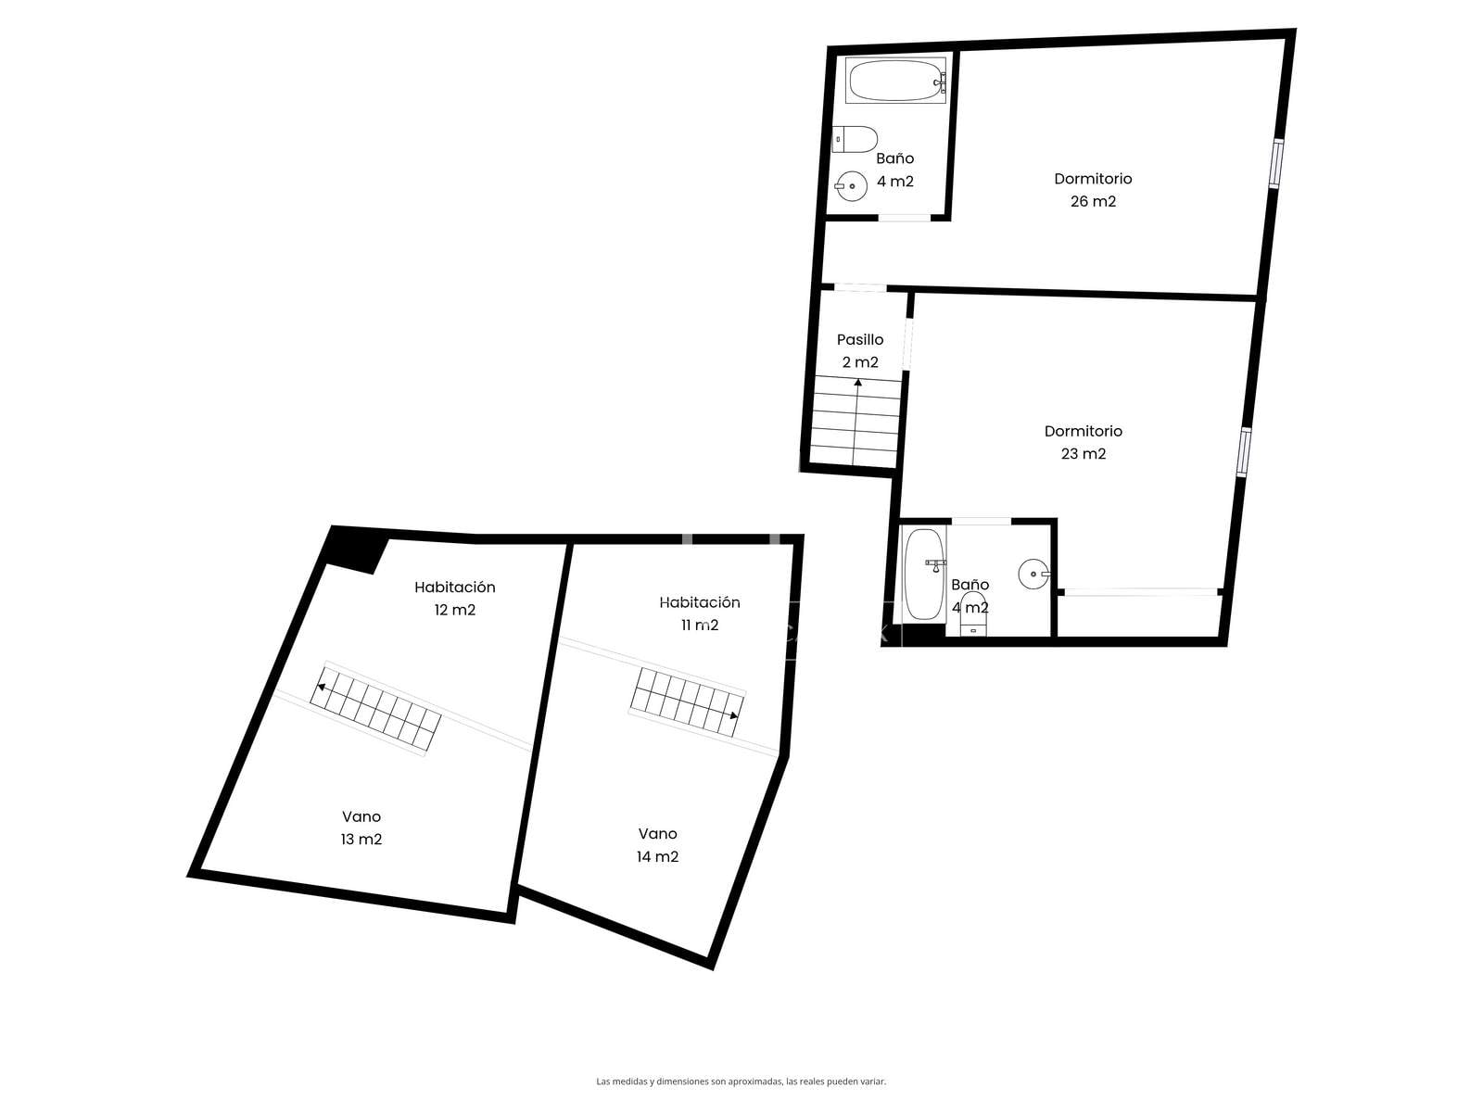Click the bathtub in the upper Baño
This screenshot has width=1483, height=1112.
(895, 81)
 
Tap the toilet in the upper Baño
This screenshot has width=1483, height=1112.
(855, 140)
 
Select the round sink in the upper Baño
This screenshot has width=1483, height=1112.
(851, 186)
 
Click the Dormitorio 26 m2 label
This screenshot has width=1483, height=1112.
(1093, 190)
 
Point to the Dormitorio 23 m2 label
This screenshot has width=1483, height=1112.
(1083, 442)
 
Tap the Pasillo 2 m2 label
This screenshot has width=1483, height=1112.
(860, 351)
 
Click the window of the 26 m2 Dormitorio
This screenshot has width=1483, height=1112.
(1275, 163)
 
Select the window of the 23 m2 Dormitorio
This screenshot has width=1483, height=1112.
(1244, 451)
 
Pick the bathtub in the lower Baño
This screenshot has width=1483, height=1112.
(923, 575)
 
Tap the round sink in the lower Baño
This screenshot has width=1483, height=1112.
(1033, 574)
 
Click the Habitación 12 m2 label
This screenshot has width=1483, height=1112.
(455, 599)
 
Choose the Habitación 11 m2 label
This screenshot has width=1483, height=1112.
(699, 613)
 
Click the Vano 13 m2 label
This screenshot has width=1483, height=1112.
(361, 828)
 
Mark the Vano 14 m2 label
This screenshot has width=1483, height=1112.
(657, 844)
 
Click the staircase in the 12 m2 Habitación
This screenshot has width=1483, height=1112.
(375, 709)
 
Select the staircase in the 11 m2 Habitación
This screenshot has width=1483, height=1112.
(687, 702)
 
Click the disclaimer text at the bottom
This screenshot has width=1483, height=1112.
(741, 1081)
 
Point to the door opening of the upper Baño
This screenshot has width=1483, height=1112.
(905, 218)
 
